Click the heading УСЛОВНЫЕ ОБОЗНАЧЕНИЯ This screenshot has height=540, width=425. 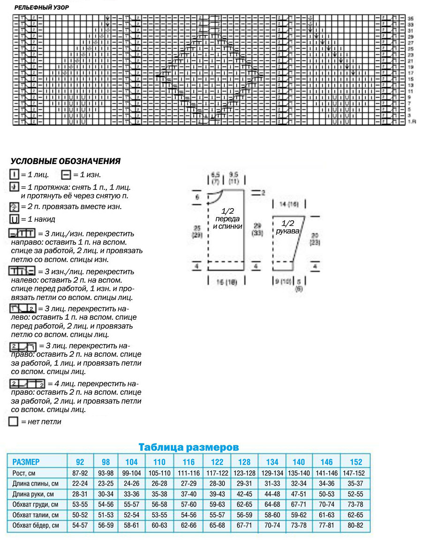pyautogui.click(x=65, y=161)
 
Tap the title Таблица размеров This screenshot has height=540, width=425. pyautogui.click(x=189, y=447)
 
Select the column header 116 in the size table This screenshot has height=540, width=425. pyautogui.click(x=189, y=461)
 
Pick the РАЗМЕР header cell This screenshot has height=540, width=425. pyautogui.click(x=26, y=461)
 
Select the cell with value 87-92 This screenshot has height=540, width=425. pyautogui.click(x=80, y=473)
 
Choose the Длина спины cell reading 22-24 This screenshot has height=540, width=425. pyautogui.click(x=80, y=483)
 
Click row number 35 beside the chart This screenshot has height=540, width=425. pyautogui.click(x=410, y=18)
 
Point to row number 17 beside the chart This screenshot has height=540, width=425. pyautogui.click(x=410, y=73)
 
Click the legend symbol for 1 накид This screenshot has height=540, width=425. pyautogui.click(x=14, y=219)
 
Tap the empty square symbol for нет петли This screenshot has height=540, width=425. pyautogui.click(x=13, y=421)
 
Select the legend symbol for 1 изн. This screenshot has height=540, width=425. pyautogui.click(x=65, y=175)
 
